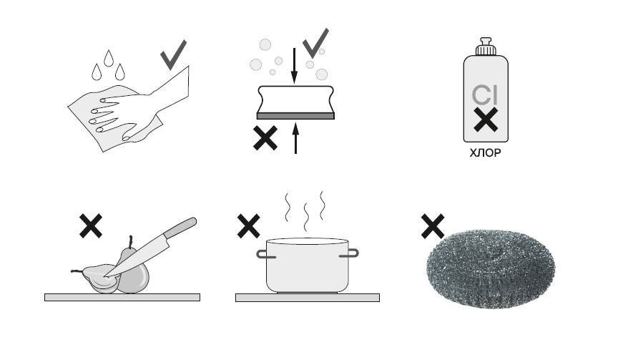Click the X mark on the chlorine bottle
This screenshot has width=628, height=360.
pos(486,120)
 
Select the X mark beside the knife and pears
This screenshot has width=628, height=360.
pos(91,225)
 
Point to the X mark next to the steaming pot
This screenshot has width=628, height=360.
pos(248,225)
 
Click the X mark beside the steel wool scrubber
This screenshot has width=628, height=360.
pos(433,226)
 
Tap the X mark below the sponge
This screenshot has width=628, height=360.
pos(265,138)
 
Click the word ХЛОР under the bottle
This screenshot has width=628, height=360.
pos(485,152)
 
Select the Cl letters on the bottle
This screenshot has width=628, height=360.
pos(484,95)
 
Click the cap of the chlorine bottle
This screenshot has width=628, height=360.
pos(486,47)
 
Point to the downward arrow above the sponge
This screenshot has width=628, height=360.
pos(295,66)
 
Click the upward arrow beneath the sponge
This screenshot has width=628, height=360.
pos(295,138)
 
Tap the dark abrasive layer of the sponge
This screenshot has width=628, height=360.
pos(295,116)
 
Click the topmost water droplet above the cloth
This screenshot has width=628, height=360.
pos(109,58)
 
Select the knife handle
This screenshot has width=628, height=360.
pos(181,228)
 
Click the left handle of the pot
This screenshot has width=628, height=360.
pos(263,254)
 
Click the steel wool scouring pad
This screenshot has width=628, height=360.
pos(491,268)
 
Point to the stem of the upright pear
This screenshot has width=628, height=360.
pos(130,242)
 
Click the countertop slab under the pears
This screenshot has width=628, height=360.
pos(122,298)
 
